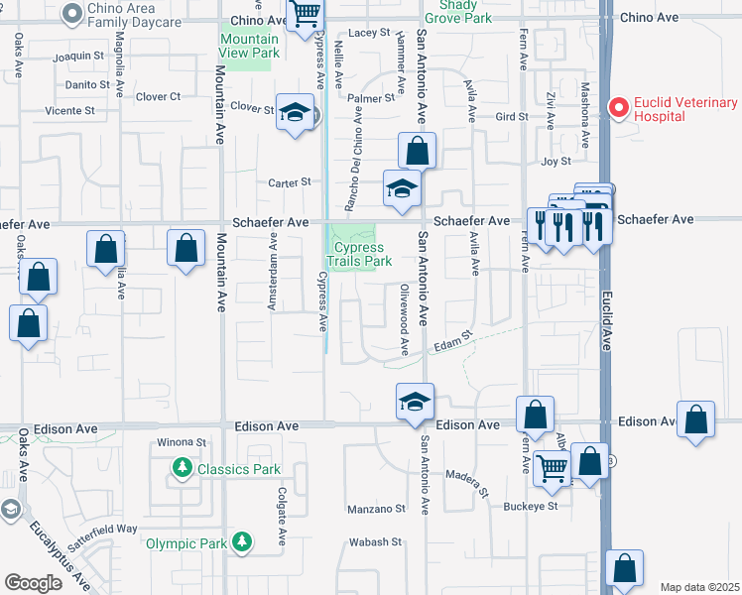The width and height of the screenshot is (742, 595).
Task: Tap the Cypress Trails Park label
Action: (x=362, y=254)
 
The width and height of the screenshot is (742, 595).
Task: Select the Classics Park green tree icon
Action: (x=182, y=467)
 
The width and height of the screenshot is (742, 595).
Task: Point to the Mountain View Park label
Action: (x=248, y=45)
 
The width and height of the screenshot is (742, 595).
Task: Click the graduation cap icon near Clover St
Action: (x=294, y=113)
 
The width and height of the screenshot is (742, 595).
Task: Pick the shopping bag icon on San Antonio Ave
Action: (x=418, y=152)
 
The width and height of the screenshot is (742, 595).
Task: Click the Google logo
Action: (x=33, y=583)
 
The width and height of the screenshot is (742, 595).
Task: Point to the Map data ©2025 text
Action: (x=699, y=587)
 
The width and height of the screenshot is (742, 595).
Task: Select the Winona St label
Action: (x=181, y=442)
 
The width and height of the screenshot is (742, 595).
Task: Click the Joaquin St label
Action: (x=78, y=56)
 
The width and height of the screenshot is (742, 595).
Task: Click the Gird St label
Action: (x=512, y=117)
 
